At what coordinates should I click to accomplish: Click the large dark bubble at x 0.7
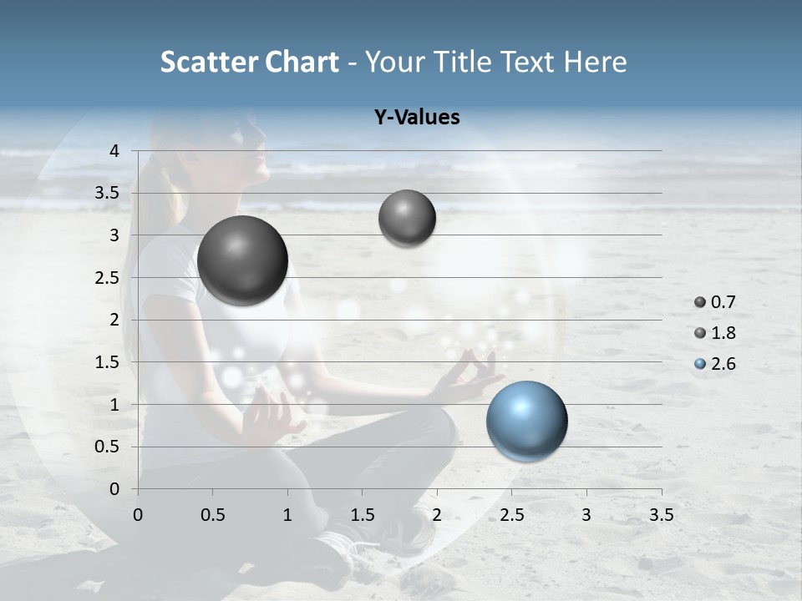pos(242,260)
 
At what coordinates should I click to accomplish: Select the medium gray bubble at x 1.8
pos(407,218)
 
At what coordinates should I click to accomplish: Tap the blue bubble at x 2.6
pos(526,421)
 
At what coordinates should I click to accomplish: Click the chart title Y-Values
pos(416,118)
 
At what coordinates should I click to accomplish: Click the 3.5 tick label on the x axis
pos(661,515)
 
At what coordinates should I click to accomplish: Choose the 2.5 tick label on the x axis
pos(511,515)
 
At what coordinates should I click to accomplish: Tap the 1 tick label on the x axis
pos(287,515)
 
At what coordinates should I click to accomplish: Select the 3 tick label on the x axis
pos(586,515)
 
